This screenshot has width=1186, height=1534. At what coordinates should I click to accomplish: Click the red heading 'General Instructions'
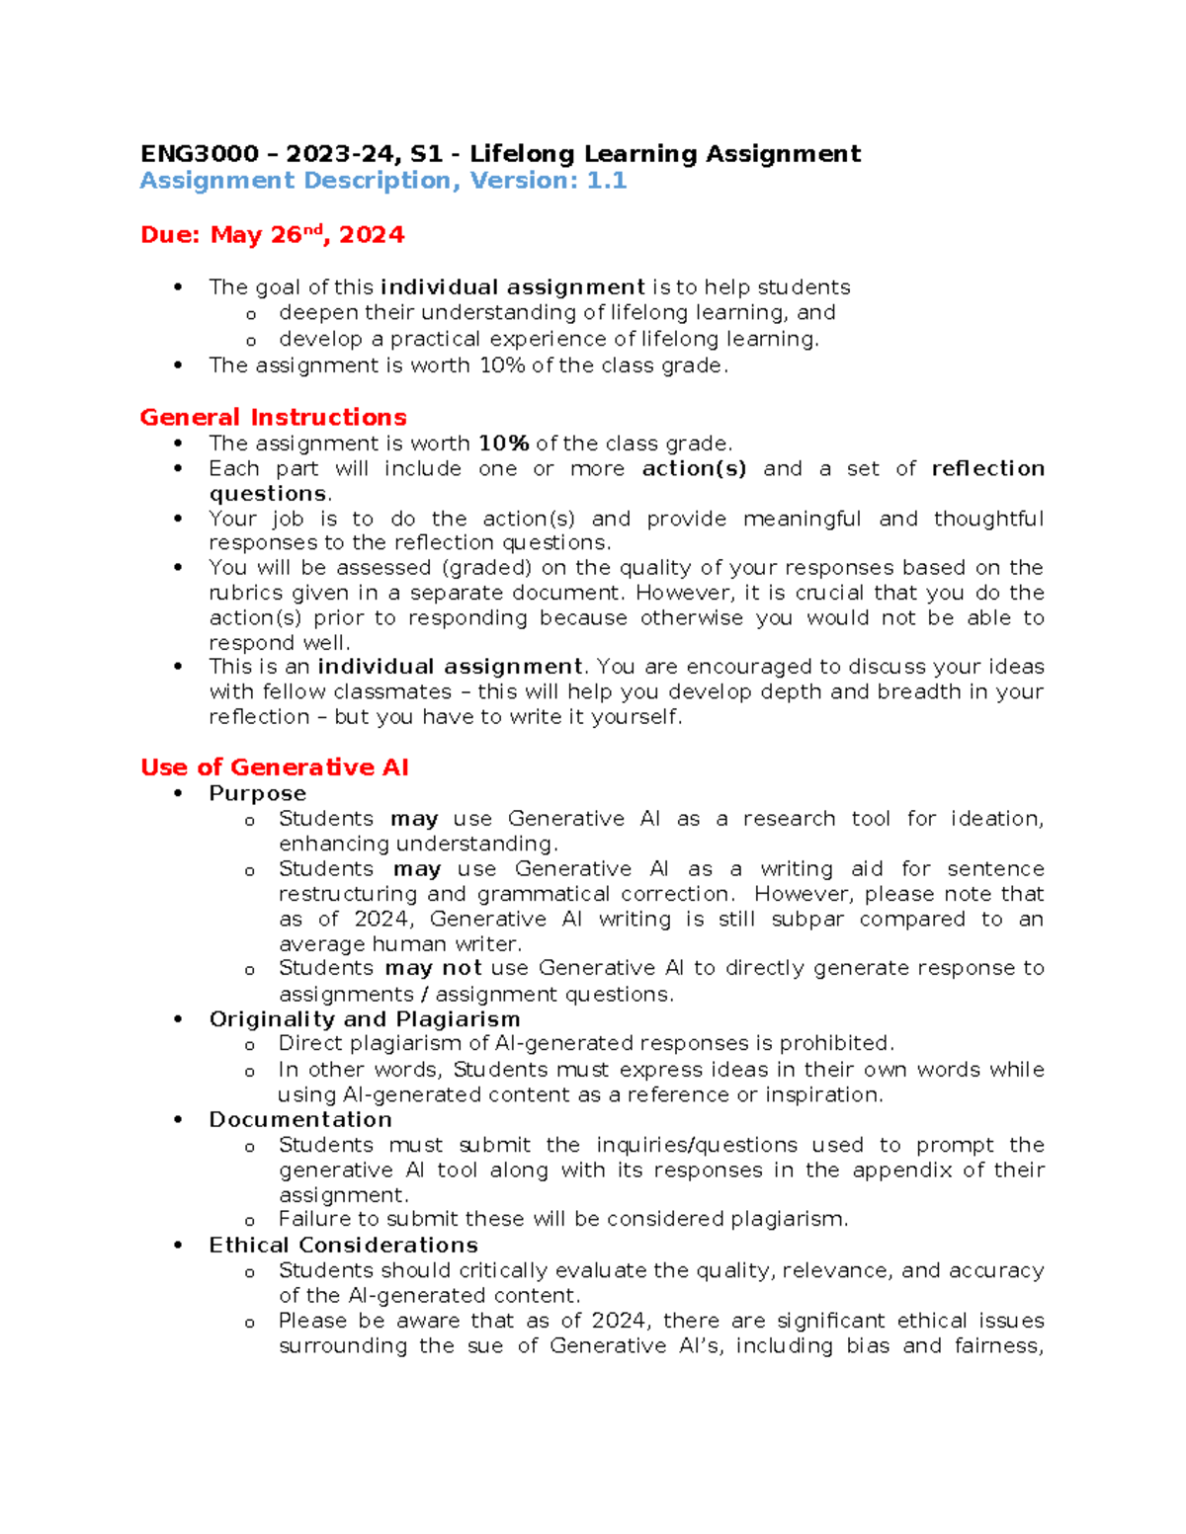pyautogui.click(x=273, y=417)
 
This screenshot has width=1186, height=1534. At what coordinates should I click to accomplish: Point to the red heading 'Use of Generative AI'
pyautogui.click(x=274, y=767)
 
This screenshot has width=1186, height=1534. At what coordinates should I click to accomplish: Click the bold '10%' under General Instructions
pyautogui.click(x=503, y=444)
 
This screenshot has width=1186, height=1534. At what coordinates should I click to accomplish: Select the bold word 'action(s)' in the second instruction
pyautogui.click(x=694, y=468)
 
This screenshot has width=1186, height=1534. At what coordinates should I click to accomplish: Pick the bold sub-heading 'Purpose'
pyautogui.click(x=257, y=793)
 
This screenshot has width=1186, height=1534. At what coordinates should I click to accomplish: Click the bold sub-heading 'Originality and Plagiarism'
pyautogui.click(x=364, y=1018)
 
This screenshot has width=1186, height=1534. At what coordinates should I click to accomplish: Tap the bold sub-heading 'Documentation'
pyautogui.click(x=300, y=1119)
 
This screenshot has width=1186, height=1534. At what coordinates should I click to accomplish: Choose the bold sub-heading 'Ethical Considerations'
pyautogui.click(x=343, y=1245)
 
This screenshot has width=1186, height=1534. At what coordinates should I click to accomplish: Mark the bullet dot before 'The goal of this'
pyautogui.click(x=178, y=287)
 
